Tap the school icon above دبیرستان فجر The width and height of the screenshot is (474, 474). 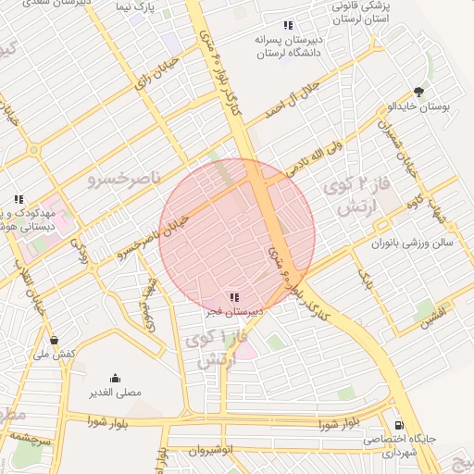coord(234,297)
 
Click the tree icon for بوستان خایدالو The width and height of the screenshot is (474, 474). coord(419,92)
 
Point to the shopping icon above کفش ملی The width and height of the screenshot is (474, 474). coord(54,340)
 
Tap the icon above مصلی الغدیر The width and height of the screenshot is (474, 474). coord(115,378)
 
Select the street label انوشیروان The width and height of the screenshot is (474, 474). coord(209,451)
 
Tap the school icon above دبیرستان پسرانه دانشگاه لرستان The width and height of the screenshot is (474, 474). coord(288,25)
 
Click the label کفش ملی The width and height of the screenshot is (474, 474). coord(53,355)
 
